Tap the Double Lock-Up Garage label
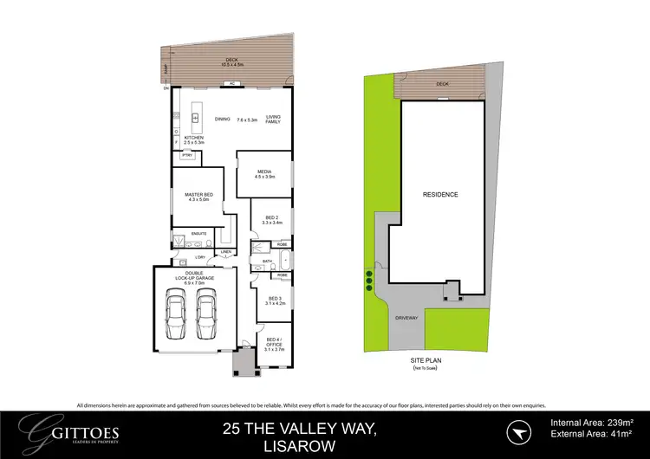[x=193, y=279]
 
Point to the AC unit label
[x=232, y=84]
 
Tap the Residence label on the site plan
[x=440, y=194]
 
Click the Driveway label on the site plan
[x=407, y=318]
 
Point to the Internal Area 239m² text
[x=592, y=423]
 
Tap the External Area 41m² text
[x=592, y=436]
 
